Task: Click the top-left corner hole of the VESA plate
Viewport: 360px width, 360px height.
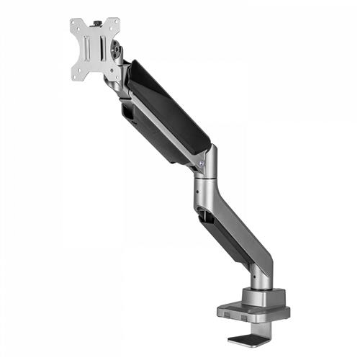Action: pyautogui.click(x=75, y=24)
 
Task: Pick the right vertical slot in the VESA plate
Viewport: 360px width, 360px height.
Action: pyautogui.click(x=103, y=49)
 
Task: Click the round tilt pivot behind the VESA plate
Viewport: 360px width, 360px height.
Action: pyautogui.click(x=116, y=52)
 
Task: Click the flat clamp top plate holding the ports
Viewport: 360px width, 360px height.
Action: pyautogui.click(x=252, y=310)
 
